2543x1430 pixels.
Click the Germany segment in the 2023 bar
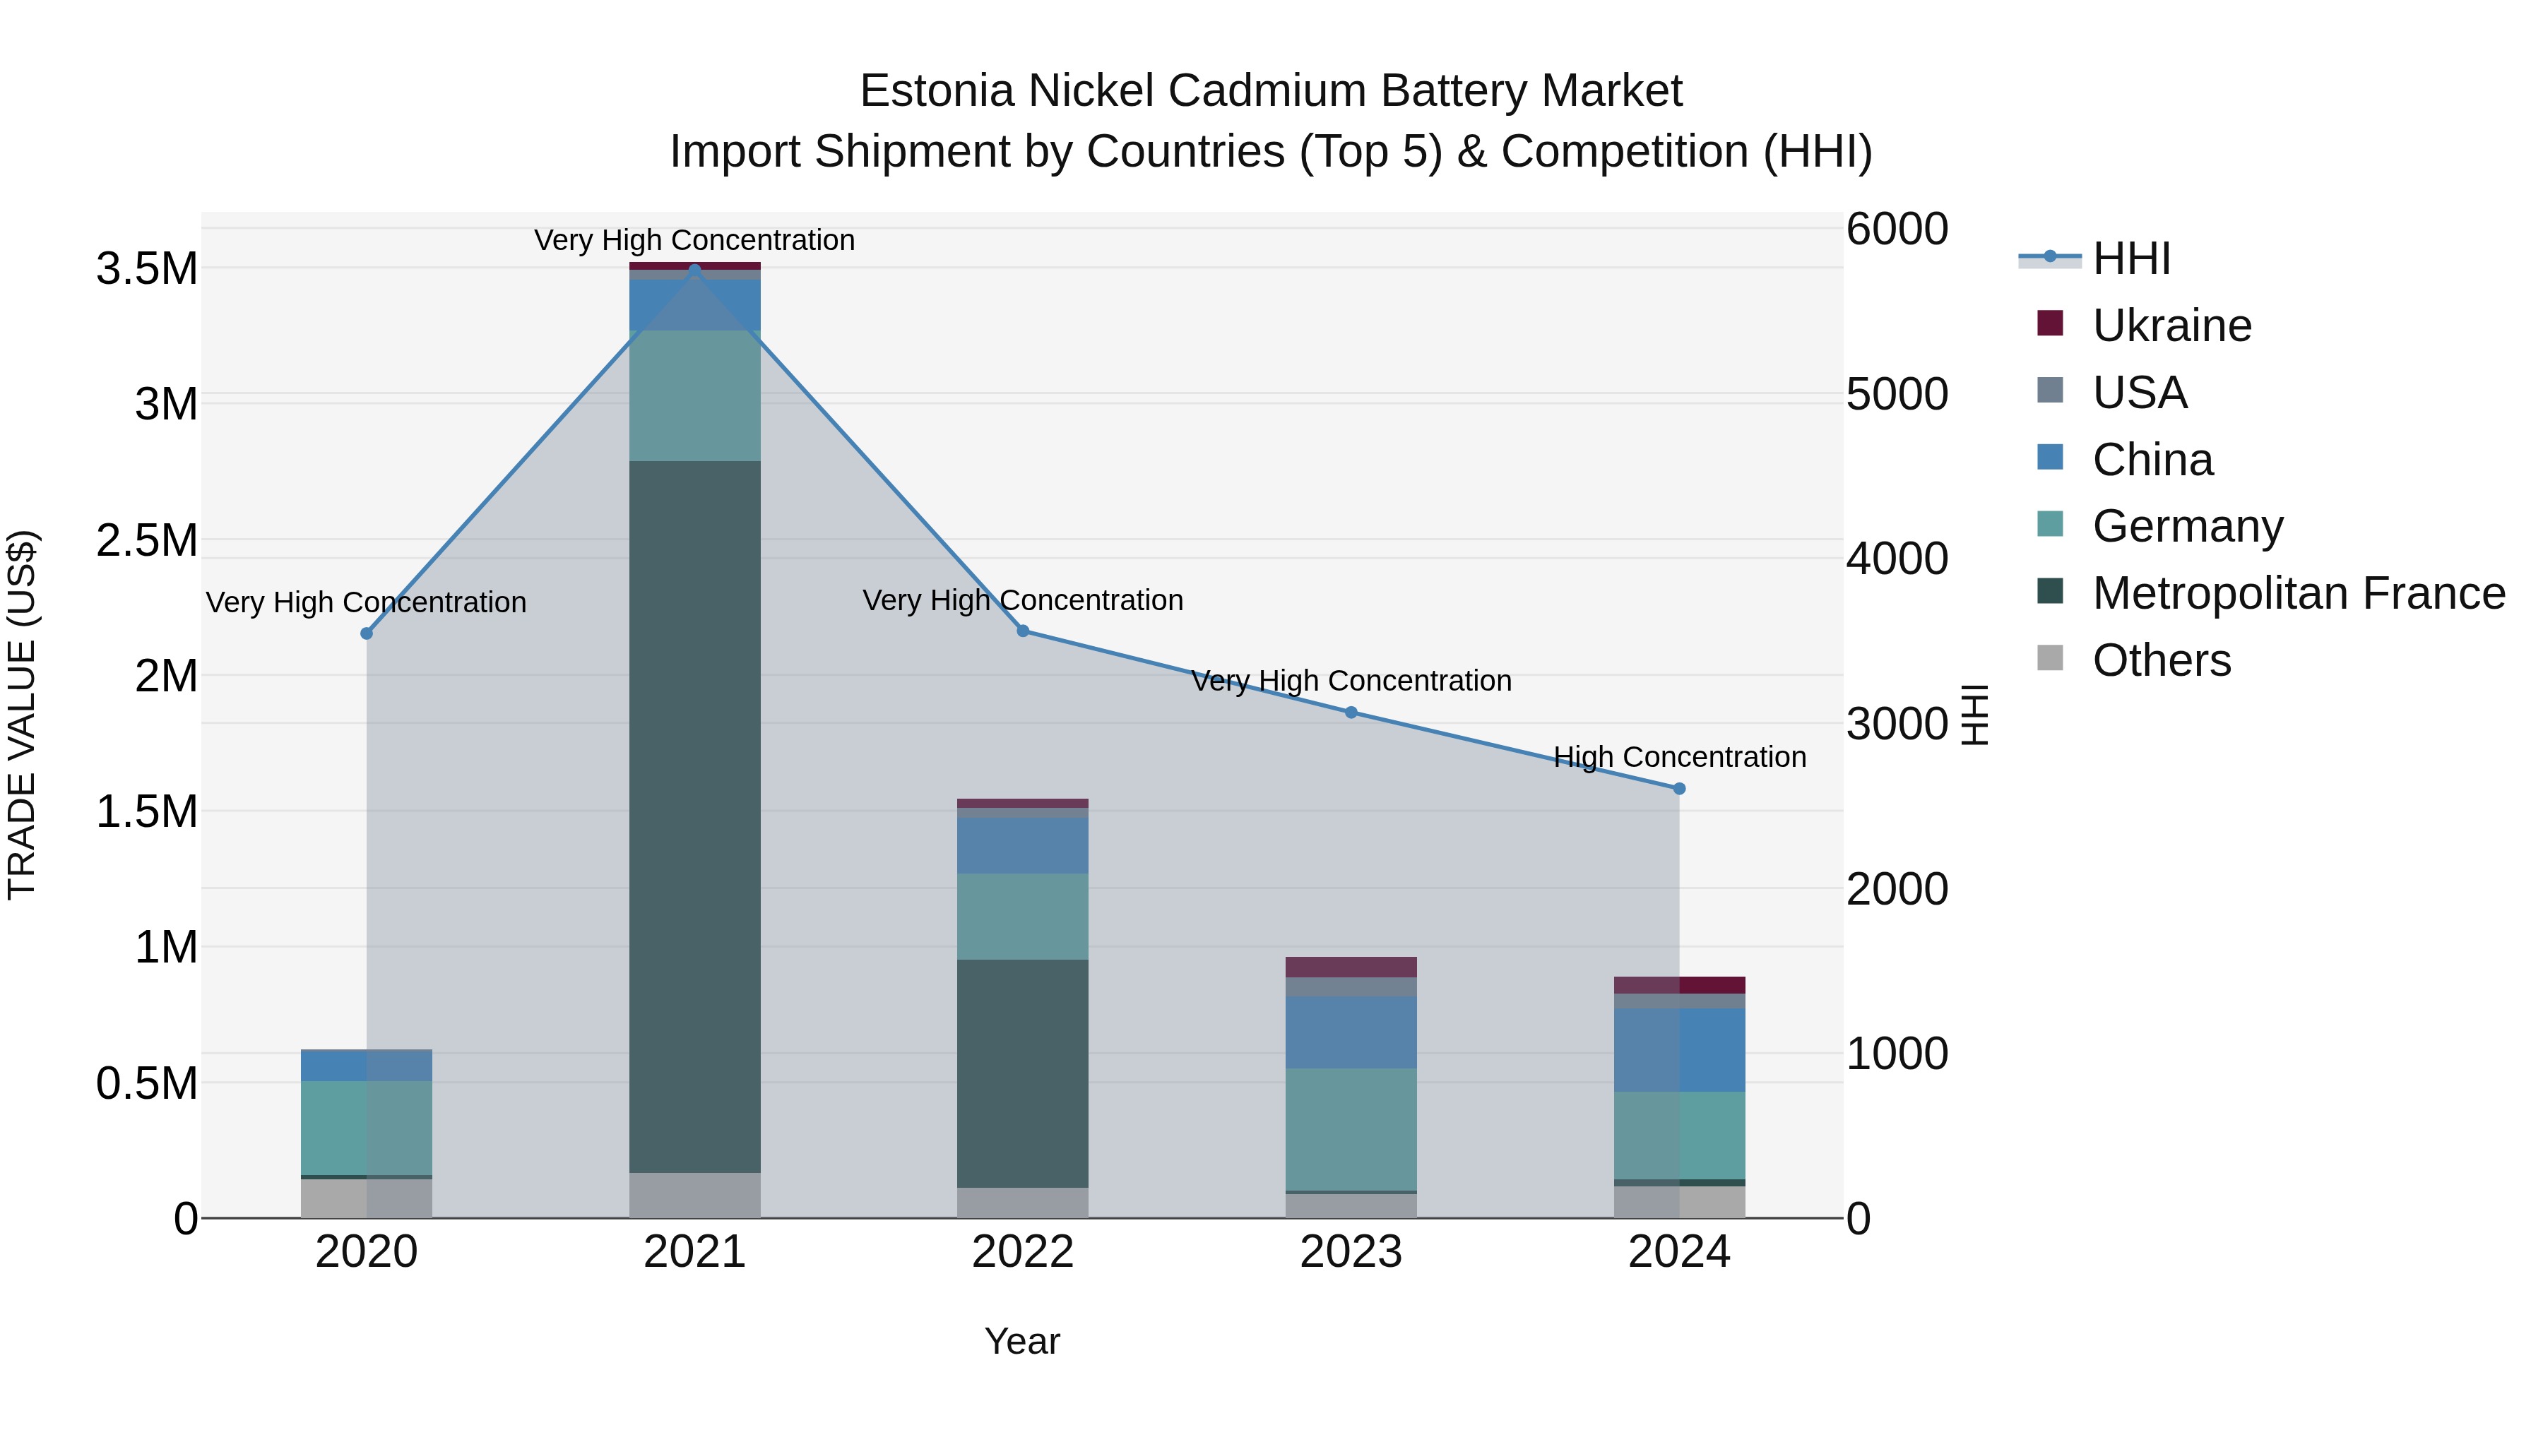click(x=1351, y=1129)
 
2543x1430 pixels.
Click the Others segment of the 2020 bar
click(x=366, y=1198)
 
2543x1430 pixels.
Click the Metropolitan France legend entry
click(x=2297, y=593)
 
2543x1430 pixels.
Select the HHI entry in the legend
click(x=2130, y=258)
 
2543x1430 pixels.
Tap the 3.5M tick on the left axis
click(x=147, y=268)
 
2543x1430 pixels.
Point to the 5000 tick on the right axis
click(x=1897, y=394)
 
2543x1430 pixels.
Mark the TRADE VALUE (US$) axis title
click(x=22, y=715)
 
